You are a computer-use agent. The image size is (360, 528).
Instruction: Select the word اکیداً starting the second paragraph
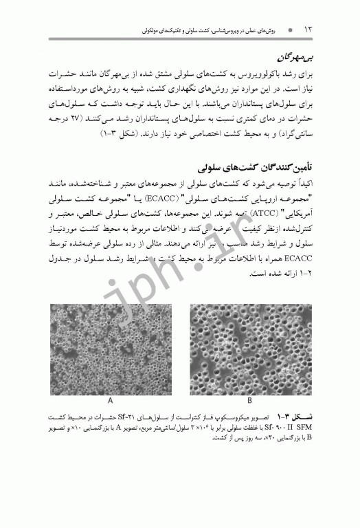302,184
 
